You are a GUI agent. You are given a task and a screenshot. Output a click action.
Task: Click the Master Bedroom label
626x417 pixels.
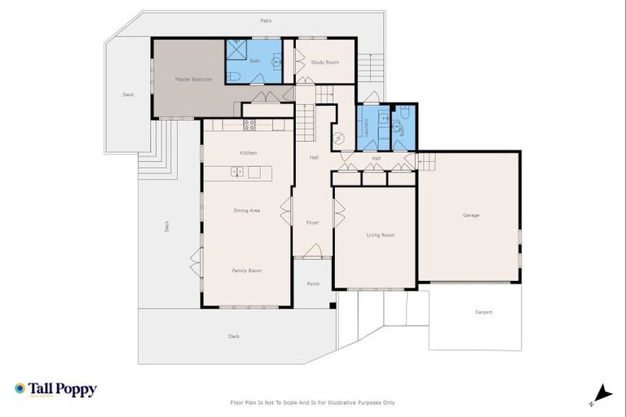coord(194,79)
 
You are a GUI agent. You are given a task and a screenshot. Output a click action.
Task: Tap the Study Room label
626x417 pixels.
coord(324,62)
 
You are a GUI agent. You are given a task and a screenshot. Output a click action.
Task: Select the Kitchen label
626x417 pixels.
coord(249,153)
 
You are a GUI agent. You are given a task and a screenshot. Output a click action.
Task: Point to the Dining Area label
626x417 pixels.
coord(247,211)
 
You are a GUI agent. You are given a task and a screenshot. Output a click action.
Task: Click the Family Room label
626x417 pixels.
coord(247,270)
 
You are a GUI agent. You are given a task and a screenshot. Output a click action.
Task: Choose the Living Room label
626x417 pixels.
coord(380,235)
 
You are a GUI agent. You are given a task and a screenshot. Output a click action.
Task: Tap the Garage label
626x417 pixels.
coord(471,215)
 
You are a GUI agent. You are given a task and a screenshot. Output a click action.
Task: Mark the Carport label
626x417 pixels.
coord(483,312)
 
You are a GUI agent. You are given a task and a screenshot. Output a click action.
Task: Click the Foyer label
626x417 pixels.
coord(312,222)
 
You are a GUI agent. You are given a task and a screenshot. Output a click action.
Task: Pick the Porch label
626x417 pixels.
coord(313,284)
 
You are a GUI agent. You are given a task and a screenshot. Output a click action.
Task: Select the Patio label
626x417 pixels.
coord(266,20)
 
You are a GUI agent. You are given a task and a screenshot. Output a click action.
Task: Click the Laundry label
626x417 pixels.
coord(367,128)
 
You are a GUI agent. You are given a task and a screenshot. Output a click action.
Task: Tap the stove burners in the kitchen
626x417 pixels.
coord(249,125)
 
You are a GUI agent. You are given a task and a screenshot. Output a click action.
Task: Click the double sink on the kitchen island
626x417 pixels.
coord(237,172)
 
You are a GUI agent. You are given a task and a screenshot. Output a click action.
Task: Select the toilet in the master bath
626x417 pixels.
coord(234,77)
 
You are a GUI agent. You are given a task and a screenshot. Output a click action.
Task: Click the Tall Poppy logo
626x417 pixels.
coord(55,389)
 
